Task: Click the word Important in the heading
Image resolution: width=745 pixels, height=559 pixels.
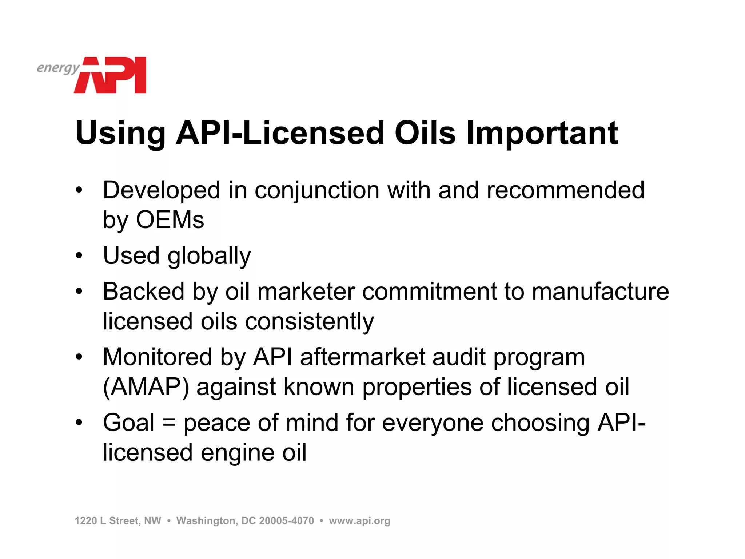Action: click(x=542, y=133)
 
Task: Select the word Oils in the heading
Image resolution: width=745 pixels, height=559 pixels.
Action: click(x=425, y=133)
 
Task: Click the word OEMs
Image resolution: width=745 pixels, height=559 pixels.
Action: click(x=170, y=220)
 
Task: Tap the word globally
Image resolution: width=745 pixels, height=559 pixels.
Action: click(x=209, y=256)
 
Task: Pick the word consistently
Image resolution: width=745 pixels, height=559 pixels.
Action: click(x=309, y=322)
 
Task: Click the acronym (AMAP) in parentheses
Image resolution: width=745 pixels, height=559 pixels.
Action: click(x=146, y=387)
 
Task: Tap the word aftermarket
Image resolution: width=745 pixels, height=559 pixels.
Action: click(x=362, y=357)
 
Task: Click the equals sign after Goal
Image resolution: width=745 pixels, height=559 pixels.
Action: click(x=169, y=423)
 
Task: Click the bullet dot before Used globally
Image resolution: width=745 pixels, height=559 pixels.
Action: click(x=79, y=255)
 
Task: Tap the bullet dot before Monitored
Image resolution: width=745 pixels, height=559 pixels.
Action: click(x=79, y=357)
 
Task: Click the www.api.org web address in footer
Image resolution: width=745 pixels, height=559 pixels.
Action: click(x=359, y=521)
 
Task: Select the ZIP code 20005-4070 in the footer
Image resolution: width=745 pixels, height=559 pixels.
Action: click(x=286, y=521)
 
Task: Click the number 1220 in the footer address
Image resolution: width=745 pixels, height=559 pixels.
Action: click(x=85, y=521)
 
